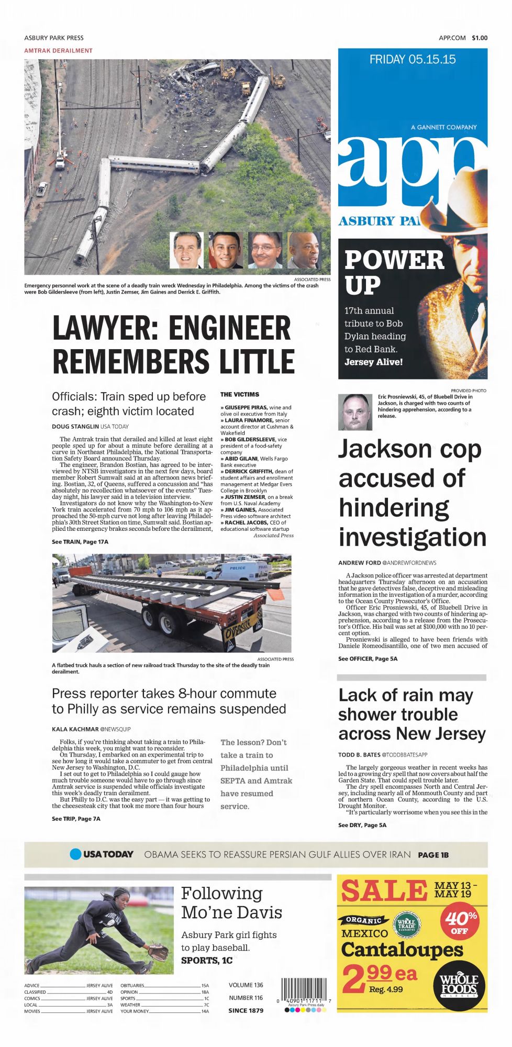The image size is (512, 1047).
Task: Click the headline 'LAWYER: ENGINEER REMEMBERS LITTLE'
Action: click(173, 344)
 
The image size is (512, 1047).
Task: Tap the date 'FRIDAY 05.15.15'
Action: click(412, 59)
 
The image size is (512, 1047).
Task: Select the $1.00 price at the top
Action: click(479, 38)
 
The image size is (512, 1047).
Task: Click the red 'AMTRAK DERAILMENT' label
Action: click(58, 51)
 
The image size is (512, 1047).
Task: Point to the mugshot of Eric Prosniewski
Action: click(356, 413)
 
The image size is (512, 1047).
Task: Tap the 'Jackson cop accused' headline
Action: click(412, 493)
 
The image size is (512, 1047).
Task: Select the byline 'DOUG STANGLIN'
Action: click(75, 427)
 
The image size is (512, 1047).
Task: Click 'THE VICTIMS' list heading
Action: click(239, 395)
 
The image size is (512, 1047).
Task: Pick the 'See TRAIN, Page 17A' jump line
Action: click(80, 542)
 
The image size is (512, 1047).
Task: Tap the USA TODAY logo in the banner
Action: click(102, 854)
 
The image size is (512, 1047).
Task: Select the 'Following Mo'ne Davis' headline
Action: click(231, 903)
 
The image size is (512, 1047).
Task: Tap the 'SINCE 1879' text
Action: click(246, 1010)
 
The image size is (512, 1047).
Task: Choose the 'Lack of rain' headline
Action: click(411, 715)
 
